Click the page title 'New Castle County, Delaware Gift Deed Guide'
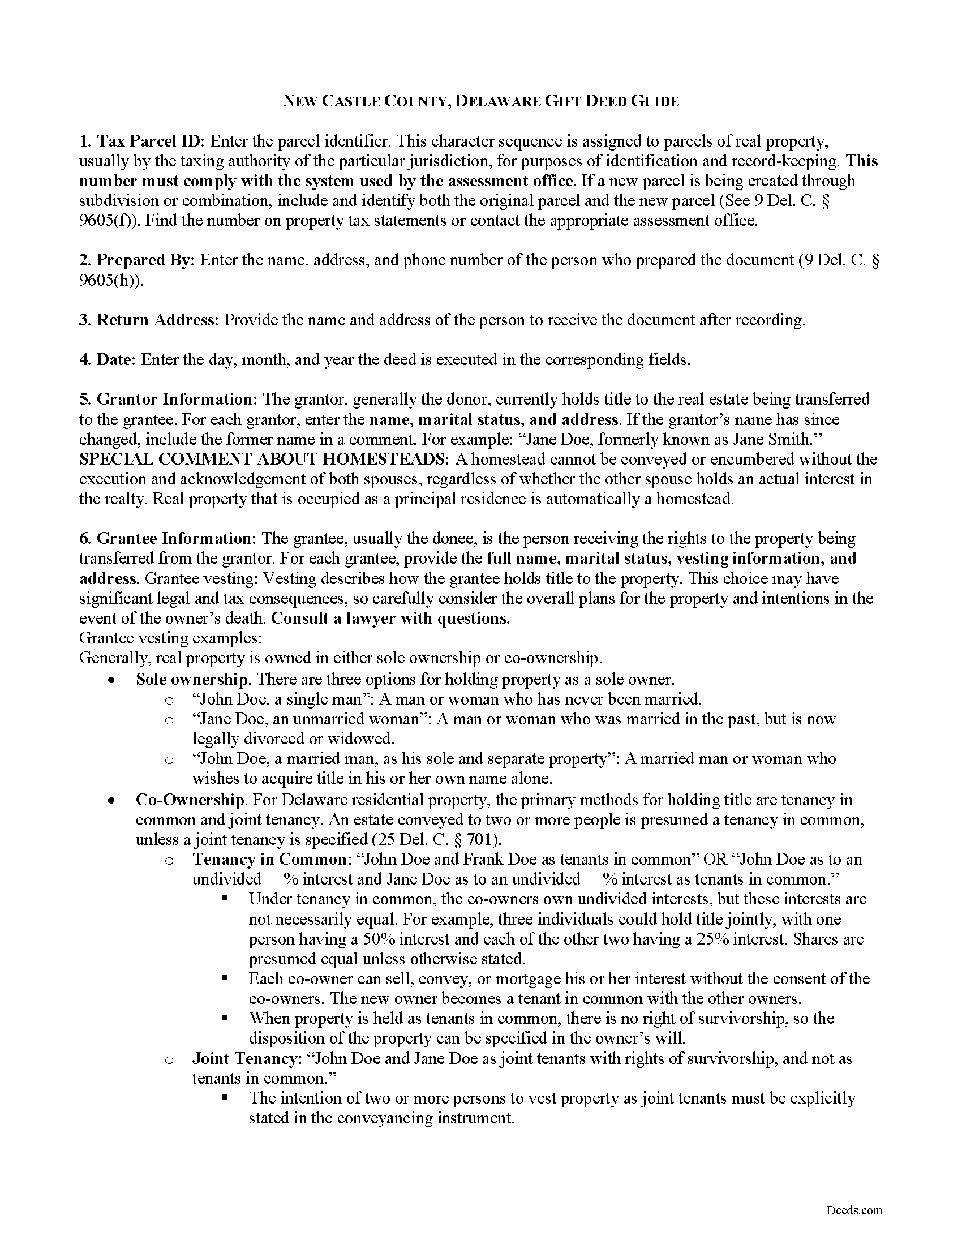(x=481, y=101)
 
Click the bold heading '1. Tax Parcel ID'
(x=145, y=141)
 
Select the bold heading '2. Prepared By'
(x=137, y=260)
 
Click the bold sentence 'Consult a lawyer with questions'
(x=390, y=619)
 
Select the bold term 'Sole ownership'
(x=191, y=680)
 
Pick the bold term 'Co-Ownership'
(x=189, y=800)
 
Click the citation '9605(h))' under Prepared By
(x=110, y=281)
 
